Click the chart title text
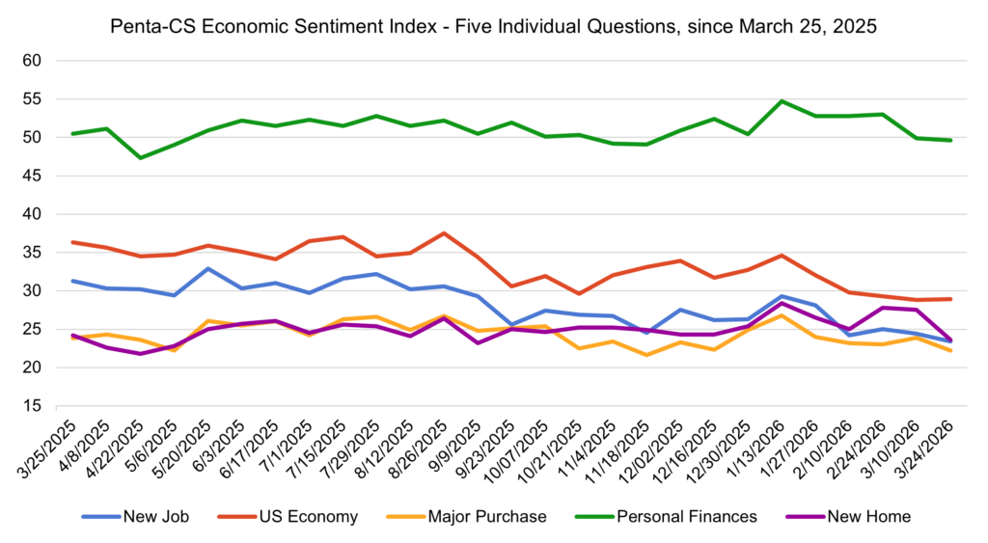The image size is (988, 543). [x=494, y=27]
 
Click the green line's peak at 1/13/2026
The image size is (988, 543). [x=782, y=101]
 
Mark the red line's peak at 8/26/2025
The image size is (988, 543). [x=443, y=233]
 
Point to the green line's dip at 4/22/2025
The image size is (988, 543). [x=141, y=157]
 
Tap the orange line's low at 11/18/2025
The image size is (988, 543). [x=645, y=355]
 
